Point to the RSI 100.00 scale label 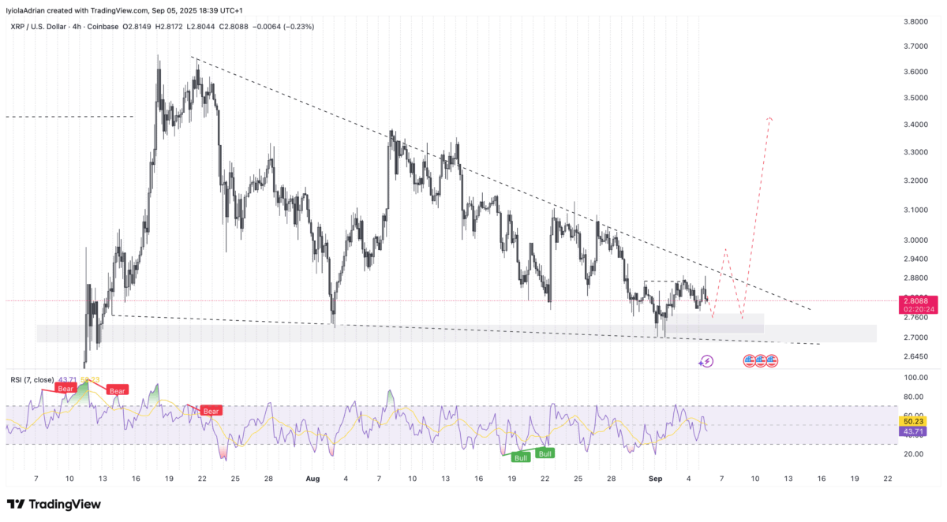coord(914,378)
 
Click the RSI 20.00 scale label coord(912,454)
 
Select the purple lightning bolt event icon coord(706,361)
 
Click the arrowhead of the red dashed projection coord(769,119)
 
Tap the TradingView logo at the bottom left coord(54,505)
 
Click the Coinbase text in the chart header coord(103,27)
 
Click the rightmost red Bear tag coord(211,411)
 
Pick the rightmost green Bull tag coord(545,453)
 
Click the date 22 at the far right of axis coord(888,479)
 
